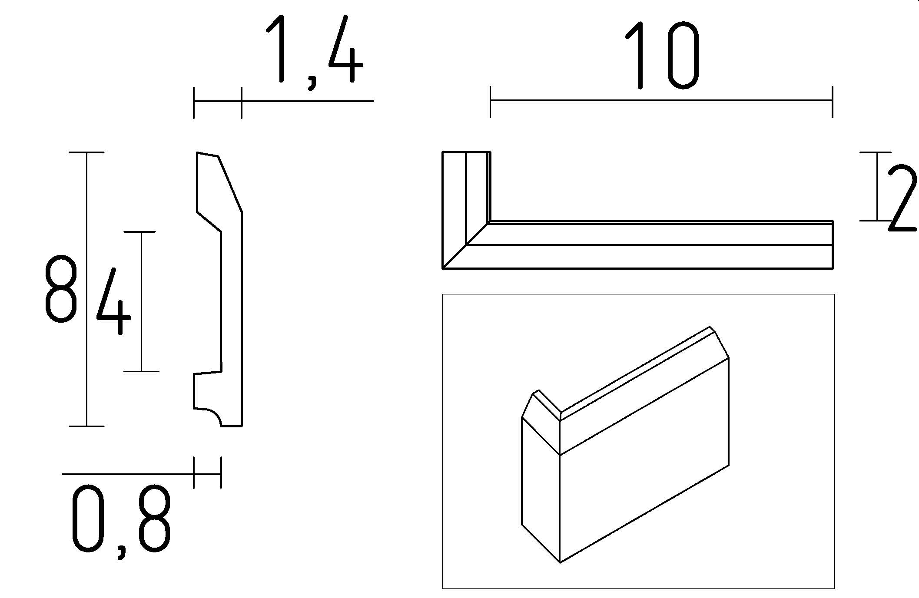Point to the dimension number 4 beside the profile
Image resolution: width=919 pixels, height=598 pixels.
tap(113, 302)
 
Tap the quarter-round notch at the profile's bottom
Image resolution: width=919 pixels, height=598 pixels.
tap(211, 416)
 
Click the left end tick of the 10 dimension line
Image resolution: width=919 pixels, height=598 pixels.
tap(491, 102)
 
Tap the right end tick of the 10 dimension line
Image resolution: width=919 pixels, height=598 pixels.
tap(832, 102)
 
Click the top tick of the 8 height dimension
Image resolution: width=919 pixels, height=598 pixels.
tap(86, 152)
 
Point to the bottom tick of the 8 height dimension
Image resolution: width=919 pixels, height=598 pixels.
tap(86, 426)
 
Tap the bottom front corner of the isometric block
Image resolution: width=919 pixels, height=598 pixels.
tap(560, 562)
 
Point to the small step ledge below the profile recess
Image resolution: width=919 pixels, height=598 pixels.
tap(208, 372)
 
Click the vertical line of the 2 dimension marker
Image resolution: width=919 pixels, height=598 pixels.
tap(877, 187)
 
